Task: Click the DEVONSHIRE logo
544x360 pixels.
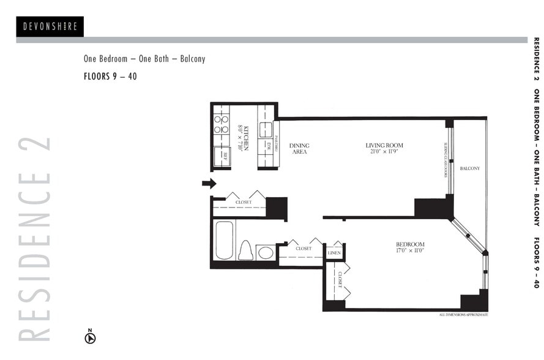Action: point(50,26)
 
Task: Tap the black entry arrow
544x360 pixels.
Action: point(209,183)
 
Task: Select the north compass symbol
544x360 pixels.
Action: point(90,336)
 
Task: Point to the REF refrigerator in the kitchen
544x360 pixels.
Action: point(222,156)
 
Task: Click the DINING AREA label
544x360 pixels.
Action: point(299,148)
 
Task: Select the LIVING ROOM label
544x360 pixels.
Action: point(384,145)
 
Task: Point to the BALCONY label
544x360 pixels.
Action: point(469,168)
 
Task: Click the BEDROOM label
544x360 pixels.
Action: point(410,244)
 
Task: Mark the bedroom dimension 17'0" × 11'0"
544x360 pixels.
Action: point(410,251)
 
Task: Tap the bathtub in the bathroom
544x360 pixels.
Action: point(224,240)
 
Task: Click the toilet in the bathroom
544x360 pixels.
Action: point(246,250)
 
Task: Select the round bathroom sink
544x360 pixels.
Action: point(266,252)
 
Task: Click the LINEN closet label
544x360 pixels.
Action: point(334,252)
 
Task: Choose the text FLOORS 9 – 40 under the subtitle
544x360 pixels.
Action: point(110,77)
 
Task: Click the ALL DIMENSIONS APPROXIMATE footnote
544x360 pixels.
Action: point(463,315)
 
